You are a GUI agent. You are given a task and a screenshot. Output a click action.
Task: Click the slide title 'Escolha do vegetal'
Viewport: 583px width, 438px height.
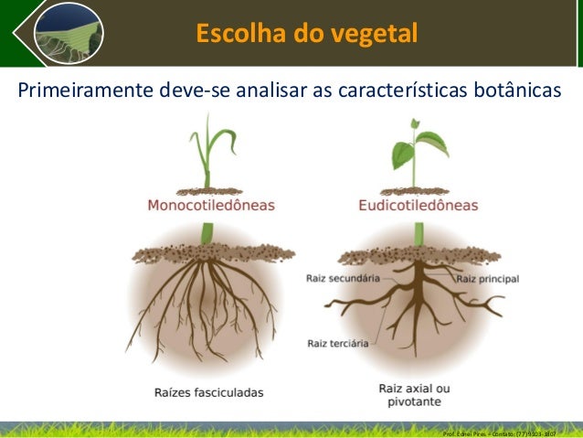[306, 34]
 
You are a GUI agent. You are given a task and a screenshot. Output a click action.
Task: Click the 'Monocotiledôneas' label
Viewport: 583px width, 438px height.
[211, 206]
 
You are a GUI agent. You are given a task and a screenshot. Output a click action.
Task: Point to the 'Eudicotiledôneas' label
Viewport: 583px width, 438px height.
[418, 206]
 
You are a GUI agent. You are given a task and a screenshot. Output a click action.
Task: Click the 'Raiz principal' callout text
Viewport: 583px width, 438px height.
[487, 278]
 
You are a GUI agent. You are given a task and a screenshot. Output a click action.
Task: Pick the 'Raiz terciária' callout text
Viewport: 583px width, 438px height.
[336, 344]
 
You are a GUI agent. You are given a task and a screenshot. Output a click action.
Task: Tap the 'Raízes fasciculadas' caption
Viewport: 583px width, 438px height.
[208, 393]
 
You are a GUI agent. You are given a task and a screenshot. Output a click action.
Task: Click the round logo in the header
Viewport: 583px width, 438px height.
[68, 33]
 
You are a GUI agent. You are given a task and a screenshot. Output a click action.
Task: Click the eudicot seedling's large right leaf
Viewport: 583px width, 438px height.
[431, 144]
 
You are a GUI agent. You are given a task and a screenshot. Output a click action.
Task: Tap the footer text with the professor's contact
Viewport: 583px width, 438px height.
[498, 430]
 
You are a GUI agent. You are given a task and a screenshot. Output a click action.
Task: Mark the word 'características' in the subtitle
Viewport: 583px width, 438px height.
[388, 91]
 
